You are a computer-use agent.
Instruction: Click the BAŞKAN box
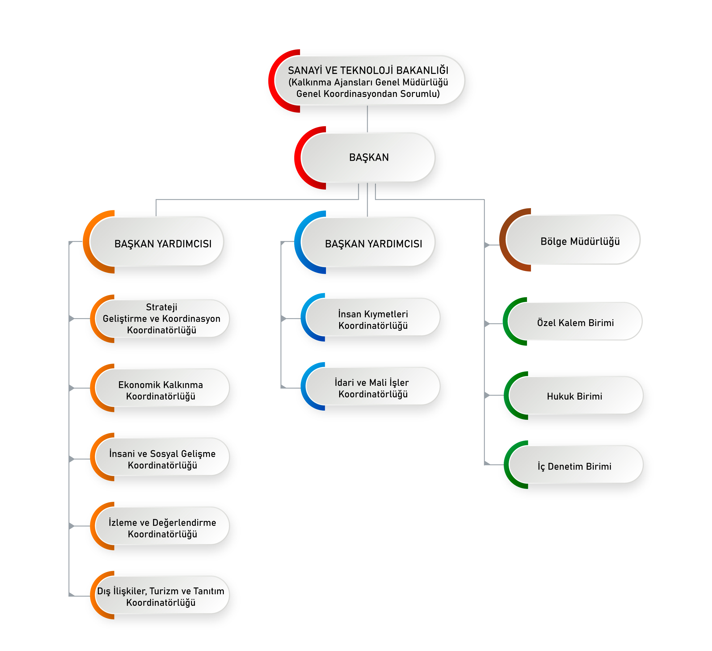pyautogui.click(x=368, y=157)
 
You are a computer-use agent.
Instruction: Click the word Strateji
pyautogui.click(x=162, y=307)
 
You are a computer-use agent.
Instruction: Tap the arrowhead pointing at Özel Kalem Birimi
pyautogui.click(x=487, y=323)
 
